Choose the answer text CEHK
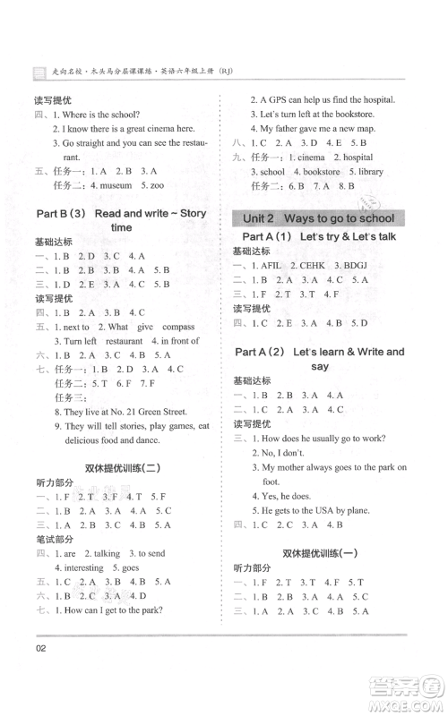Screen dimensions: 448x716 [x=325, y=265]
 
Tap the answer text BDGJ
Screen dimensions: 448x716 [x=377, y=265]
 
